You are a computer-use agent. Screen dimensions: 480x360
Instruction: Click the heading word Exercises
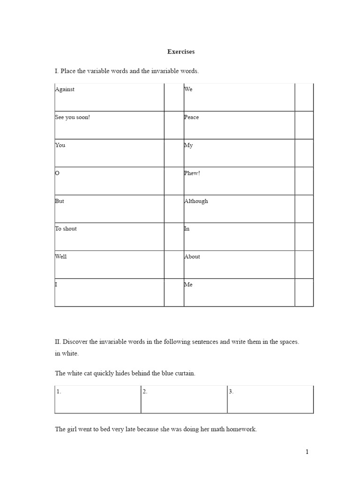tap(181, 51)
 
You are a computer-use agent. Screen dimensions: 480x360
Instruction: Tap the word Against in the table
tap(65, 90)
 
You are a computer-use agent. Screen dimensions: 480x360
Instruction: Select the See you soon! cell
tap(72, 117)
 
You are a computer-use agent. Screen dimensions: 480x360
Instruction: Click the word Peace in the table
tap(191, 117)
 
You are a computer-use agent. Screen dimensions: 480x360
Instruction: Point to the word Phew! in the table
tap(192, 173)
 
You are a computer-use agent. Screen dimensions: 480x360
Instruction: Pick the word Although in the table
tap(196, 201)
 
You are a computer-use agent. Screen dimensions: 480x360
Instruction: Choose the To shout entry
tap(66, 229)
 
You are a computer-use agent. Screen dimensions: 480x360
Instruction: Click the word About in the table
tap(192, 257)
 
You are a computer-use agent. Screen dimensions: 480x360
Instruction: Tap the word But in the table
tap(60, 201)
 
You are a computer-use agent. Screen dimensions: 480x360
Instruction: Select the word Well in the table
tap(60, 257)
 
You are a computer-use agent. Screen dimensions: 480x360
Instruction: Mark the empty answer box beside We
tap(304, 97)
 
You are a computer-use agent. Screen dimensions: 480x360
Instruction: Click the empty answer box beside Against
tap(173, 97)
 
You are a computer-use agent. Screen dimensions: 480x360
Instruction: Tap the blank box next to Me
tap(304, 292)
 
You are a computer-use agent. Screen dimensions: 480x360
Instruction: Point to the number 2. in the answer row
tap(145, 392)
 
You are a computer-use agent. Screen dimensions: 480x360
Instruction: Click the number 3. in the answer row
tap(231, 392)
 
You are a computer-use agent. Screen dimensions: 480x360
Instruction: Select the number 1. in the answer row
tap(59, 392)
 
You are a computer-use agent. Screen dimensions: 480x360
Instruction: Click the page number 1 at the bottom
tap(307, 452)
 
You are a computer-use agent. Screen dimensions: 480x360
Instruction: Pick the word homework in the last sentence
tap(241, 429)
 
